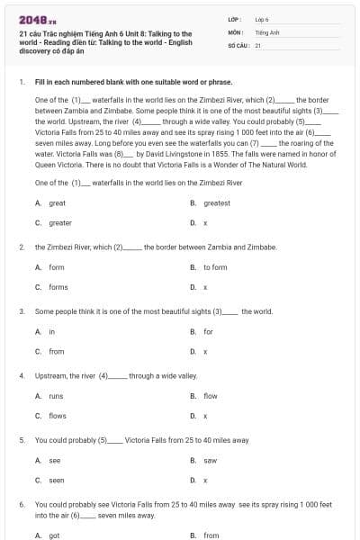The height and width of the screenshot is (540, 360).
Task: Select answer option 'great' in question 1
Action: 57,203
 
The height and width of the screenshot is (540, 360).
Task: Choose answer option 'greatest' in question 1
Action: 216,203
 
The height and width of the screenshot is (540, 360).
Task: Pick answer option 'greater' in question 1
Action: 59,222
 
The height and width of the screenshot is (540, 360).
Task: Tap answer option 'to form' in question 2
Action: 215,267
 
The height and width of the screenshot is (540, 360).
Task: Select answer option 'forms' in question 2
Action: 58,287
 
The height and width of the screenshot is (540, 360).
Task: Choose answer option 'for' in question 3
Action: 208,332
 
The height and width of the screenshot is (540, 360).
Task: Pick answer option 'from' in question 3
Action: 57,352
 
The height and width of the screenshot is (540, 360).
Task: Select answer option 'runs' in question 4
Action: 56,396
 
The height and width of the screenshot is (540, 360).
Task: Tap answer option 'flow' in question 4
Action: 210,396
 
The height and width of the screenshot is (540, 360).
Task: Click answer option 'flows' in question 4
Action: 58,416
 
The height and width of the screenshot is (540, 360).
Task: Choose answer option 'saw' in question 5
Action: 210,461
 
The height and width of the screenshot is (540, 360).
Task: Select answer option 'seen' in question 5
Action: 57,481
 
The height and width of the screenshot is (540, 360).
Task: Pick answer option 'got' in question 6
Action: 54,535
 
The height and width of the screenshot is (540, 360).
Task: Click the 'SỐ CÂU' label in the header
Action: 238,44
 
